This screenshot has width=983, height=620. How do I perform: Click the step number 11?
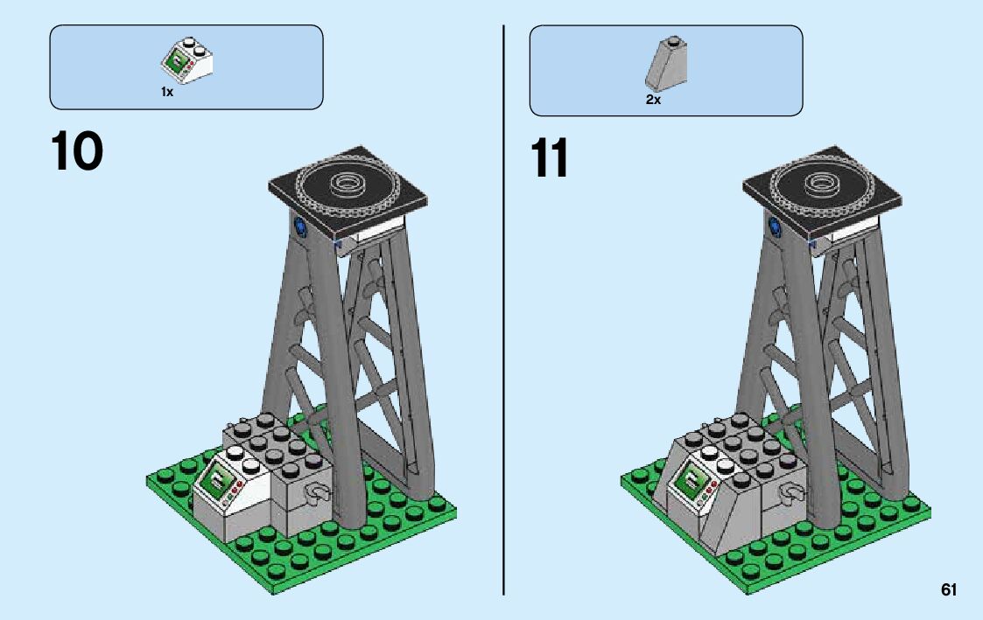pos(549,158)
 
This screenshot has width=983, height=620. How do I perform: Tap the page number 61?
pos(949,590)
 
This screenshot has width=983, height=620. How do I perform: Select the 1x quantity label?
pos(166,92)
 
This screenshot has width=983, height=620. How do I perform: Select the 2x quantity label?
pos(653,100)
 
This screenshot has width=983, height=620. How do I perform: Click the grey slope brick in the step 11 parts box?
pos(668,65)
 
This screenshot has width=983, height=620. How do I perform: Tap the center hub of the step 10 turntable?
pos(348,183)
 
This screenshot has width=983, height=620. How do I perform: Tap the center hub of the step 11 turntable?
pos(823,182)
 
